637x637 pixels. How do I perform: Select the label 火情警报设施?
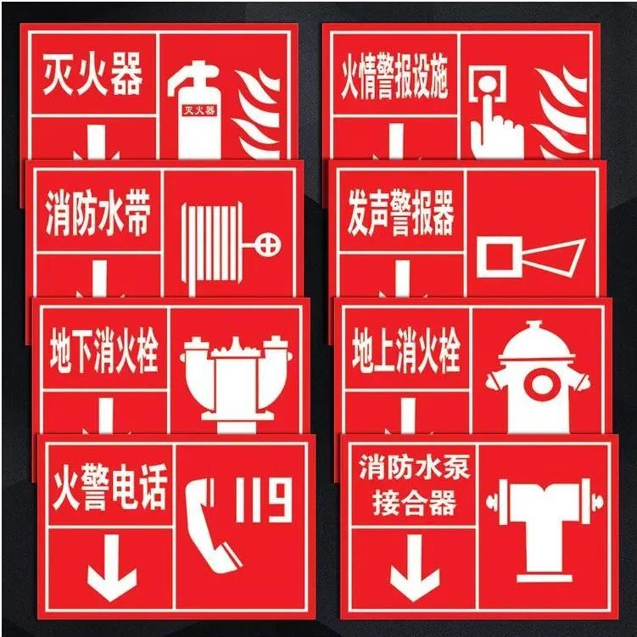[x=394, y=81]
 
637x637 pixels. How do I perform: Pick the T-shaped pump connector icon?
[x=542, y=522]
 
